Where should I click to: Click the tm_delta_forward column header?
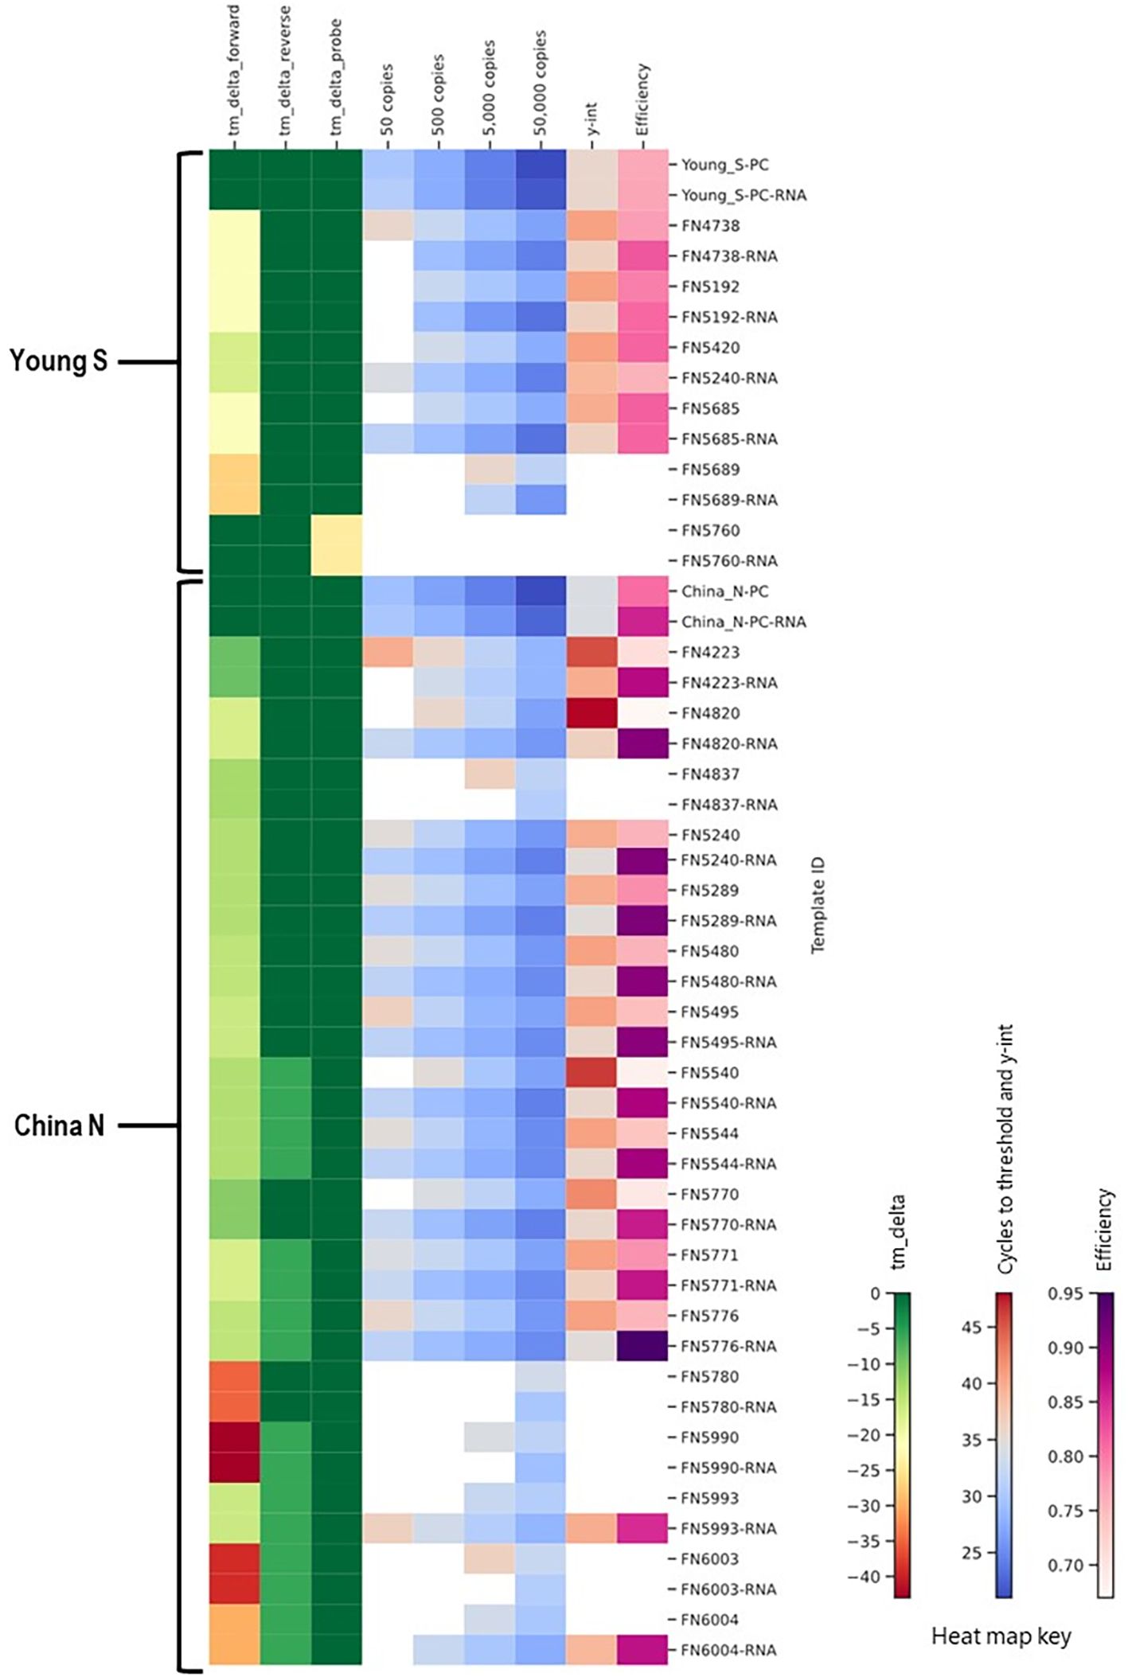click(x=234, y=76)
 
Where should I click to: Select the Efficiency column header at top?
click(x=643, y=99)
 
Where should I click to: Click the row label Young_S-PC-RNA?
click(x=743, y=195)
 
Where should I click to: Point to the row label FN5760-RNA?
click(x=728, y=560)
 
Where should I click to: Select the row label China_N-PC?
click(x=724, y=591)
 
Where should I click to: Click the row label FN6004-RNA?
click(x=728, y=1650)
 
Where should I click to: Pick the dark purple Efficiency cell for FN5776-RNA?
click(x=642, y=1346)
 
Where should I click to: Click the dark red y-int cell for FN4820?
click(x=591, y=712)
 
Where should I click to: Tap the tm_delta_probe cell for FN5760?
click(x=337, y=530)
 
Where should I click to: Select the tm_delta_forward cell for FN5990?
click(x=235, y=1437)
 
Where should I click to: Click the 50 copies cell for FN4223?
click(x=388, y=652)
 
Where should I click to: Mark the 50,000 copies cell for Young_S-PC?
click(x=541, y=165)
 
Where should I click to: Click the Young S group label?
click(x=58, y=361)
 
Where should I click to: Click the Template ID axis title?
click(x=818, y=905)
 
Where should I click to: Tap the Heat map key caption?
click(x=1001, y=1636)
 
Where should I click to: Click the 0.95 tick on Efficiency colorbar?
click(x=1065, y=1293)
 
